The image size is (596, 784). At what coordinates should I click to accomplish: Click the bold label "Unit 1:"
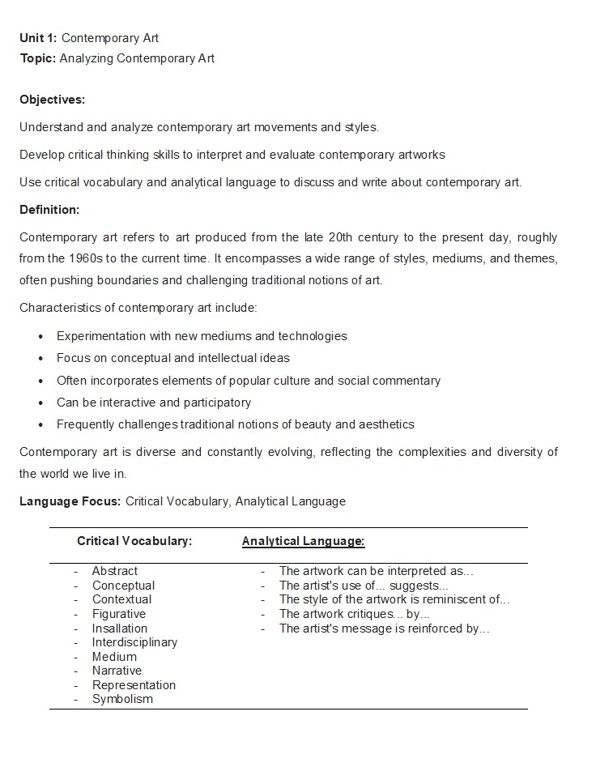pyautogui.click(x=38, y=38)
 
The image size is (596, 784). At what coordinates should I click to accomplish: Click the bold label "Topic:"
pyautogui.click(x=38, y=58)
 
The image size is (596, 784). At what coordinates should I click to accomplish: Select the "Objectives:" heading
pyautogui.click(x=52, y=100)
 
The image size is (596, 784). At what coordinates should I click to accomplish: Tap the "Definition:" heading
pyautogui.click(x=49, y=210)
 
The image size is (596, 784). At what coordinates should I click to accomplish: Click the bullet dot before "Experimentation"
pyautogui.click(x=40, y=337)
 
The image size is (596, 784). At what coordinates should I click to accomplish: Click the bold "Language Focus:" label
pyautogui.click(x=70, y=501)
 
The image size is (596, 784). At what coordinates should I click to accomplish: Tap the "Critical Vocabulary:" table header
pyautogui.click(x=134, y=541)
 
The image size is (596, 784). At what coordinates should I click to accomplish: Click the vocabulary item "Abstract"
pyautogui.click(x=115, y=571)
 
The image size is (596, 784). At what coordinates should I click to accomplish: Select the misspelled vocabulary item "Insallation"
pyautogui.click(x=120, y=628)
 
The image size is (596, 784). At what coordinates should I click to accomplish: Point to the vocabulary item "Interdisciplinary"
pyautogui.click(x=134, y=642)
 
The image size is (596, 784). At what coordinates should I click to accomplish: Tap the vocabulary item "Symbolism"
pyautogui.click(x=122, y=699)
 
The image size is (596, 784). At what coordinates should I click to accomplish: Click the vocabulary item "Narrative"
pyautogui.click(x=117, y=671)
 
